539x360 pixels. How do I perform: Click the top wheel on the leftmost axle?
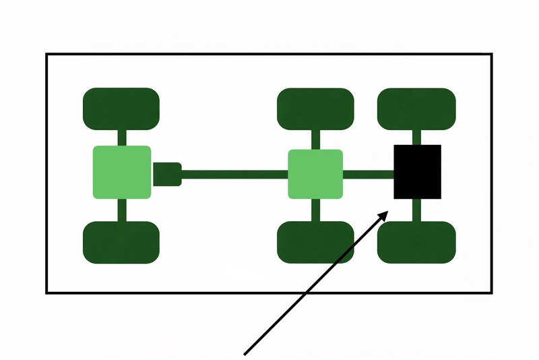[x=121, y=108]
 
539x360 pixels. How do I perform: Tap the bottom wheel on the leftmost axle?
[x=121, y=242]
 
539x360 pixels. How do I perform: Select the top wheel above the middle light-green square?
[x=315, y=108]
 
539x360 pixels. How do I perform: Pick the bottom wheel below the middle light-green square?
[x=315, y=242]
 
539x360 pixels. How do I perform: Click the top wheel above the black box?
[x=416, y=108]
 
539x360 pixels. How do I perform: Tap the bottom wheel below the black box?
[x=416, y=242]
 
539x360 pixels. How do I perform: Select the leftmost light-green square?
[x=121, y=172]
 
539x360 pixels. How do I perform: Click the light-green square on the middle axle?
[x=315, y=174]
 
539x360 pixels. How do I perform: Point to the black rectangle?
[x=417, y=172]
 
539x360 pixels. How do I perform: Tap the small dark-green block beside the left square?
[x=167, y=174]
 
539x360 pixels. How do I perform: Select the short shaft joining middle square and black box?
[x=368, y=174]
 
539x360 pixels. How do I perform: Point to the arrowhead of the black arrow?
[x=386, y=213]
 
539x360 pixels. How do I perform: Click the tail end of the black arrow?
[x=245, y=352]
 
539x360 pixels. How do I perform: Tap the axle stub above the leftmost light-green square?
[x=122, y=137]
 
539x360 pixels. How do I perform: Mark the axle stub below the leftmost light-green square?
[x=122, y=210]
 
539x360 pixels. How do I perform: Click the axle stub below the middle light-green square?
[x=315, y=210]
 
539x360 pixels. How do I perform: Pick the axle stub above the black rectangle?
[x=417, y=137]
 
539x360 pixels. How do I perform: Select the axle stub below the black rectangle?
[x=417, y=210]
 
